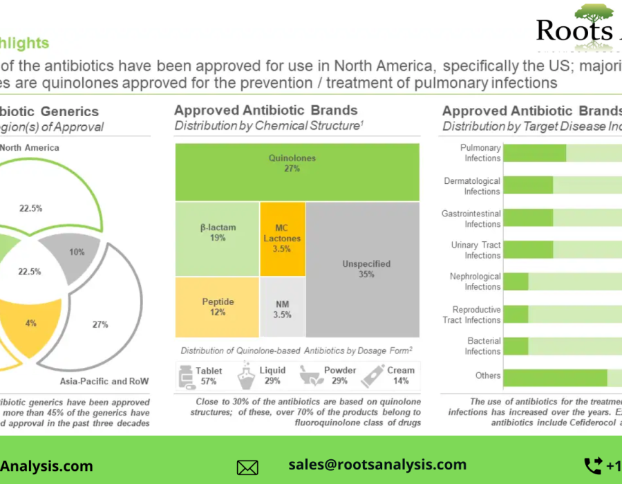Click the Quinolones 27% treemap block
pyautogui.click(x=297, y=172)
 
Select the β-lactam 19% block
pyautogui.click(x=217, y=239)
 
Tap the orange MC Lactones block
pyautogui.click(x=282, y=239)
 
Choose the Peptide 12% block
pyautogui.click(x=217, y=307)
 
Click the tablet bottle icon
pyautogui.click(x=185, y=376)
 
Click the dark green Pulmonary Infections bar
pyautogui.click(x=535, y=153)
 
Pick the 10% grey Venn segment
pyautogui.click(x=73, y=252)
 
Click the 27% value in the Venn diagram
pyautogui.click(x=100, y=324)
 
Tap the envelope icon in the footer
pyautogui.click(x=247, y=467)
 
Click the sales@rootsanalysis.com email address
pyautogui.click(x=377, y=465)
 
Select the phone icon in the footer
pyautogui.click(x=593, y=465)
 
